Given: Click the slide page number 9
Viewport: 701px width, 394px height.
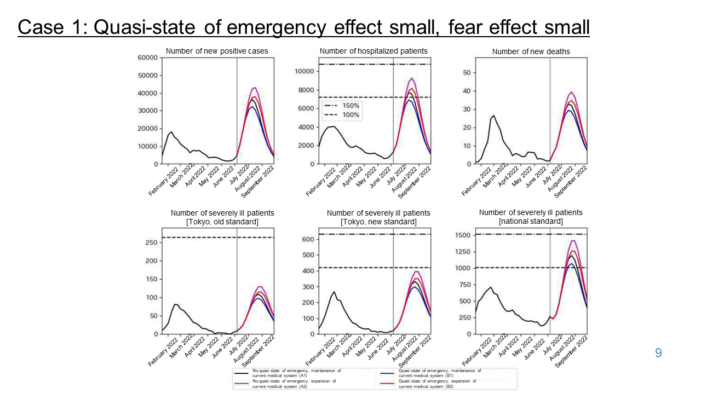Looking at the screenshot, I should pyautogui.click(x=658, y=354).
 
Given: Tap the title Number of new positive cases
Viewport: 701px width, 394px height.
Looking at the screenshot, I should pyautogui.click(x=217, y=51).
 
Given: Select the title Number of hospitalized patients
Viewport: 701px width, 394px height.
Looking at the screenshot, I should pyautogui.click(x=374, y=51).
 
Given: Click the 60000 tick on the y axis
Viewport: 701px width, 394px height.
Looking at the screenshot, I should pyautogui.click(x=147, y=57).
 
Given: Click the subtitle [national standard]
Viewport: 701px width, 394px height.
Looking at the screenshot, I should pyautogui.click(x=530, y=221).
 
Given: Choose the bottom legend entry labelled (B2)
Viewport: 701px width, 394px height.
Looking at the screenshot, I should pyautogui.click(x=439, y=384).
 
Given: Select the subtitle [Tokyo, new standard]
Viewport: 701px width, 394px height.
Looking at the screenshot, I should pyautogui.click(x=378, y=222).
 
